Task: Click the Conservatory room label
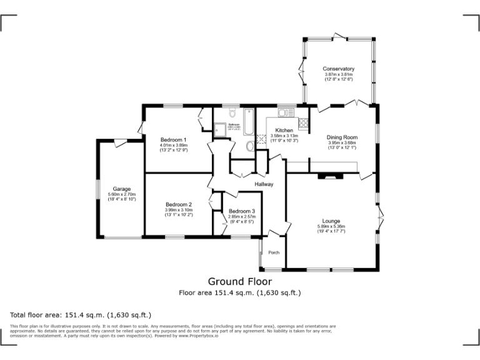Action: (x=339, y=69)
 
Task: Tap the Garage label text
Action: (x=121, y=189)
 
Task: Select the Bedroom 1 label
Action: (x=173, y=139)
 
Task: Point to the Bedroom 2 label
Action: (x=178, y=204)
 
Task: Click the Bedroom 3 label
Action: (x=242, y=211)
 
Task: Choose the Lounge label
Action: (x=331, y=221)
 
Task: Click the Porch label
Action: (x=274, y=252)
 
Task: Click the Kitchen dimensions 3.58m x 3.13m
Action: (x=284, y=136)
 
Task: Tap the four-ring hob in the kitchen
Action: (x=304, y=123)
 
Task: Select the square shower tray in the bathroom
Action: (x=219, y=130)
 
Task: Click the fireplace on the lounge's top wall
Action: (x=331, y=177)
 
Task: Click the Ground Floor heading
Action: (x=240, y=282)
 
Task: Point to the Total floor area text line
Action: (x=81, y=314)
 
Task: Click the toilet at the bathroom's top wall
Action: (x=232, y=113)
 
